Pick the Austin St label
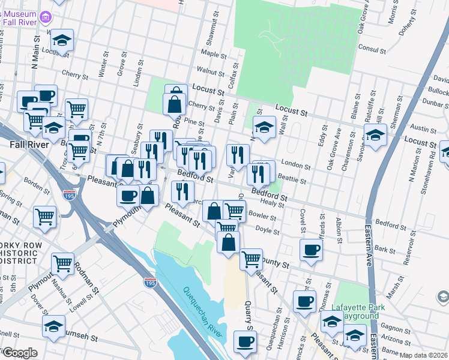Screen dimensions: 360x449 coord(423,128)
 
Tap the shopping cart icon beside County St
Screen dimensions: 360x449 coord(251,259)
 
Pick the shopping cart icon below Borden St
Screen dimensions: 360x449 coord(45,217)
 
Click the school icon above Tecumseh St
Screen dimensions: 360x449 coord(54,326)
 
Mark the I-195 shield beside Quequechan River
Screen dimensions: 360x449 coord(150,283)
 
